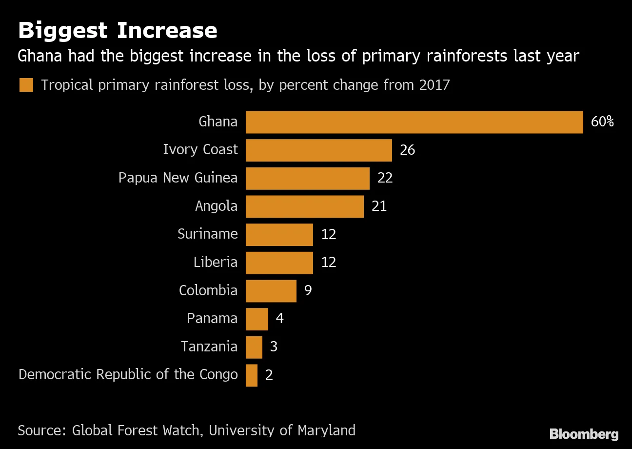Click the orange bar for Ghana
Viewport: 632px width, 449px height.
pos(414,122)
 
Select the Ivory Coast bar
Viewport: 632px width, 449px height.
pos(319,150)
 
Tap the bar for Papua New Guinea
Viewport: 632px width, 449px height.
pos(308,178)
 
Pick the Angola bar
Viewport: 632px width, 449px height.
pos(305,206)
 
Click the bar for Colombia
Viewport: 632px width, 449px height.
pos(271,291)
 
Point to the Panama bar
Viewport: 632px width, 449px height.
pos(257,319)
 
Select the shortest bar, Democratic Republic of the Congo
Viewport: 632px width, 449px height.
pos(252,375)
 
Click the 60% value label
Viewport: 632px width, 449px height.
pos(602,122)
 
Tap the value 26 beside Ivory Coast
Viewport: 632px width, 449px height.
pos(407,150)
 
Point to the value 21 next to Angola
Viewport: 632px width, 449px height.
pos(379,206)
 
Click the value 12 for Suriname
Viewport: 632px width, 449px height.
pos(329,234)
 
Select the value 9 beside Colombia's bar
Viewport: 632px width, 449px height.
pos(308,290)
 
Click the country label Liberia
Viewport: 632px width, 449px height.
pos(216,262)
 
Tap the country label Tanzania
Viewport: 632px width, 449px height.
pos(209,346)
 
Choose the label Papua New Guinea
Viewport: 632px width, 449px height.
pos(178,178)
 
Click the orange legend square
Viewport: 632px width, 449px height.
pos(26,85)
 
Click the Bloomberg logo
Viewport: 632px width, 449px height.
pos(584,434)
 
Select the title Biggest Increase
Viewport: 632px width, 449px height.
pos(118,30)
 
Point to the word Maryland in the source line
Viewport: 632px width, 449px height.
pos(326,431)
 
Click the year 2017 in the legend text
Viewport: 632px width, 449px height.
pos(434,85)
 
